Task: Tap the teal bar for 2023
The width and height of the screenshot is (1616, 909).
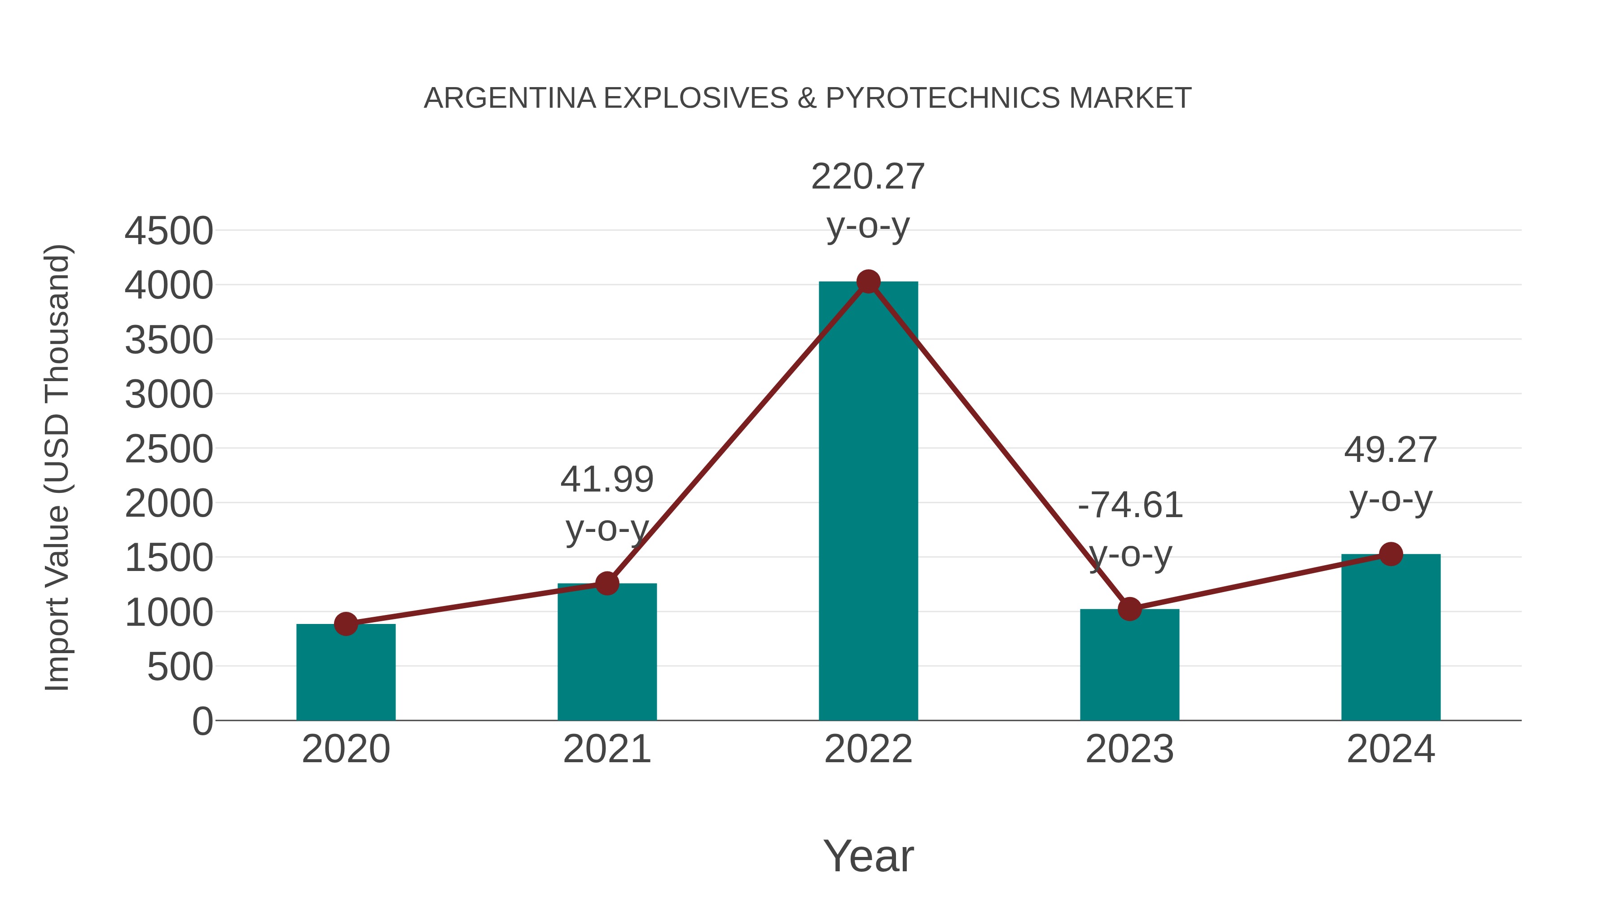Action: coord(1129,664)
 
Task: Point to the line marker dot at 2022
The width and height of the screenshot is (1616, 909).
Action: coord(868,281)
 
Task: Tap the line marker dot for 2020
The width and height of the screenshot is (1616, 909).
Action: coord(346,624)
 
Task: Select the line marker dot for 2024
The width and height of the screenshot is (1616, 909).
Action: coord(1391,554)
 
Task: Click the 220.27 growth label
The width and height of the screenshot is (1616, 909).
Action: coord(868,177)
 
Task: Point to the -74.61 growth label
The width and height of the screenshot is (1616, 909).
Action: coord(1130,505)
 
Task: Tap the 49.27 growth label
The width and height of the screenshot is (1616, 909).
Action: coord(1390,450)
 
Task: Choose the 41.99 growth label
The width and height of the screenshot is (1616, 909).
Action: coord(606,480)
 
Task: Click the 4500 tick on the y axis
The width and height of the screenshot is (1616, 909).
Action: coord(169,231)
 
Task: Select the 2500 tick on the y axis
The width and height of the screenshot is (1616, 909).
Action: coord(169,449)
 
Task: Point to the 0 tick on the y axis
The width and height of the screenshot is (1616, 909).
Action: coord(202,721)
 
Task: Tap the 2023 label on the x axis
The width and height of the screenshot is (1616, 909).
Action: coord(1129,749)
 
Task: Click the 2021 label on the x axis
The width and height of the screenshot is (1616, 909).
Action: coord(606,749)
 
